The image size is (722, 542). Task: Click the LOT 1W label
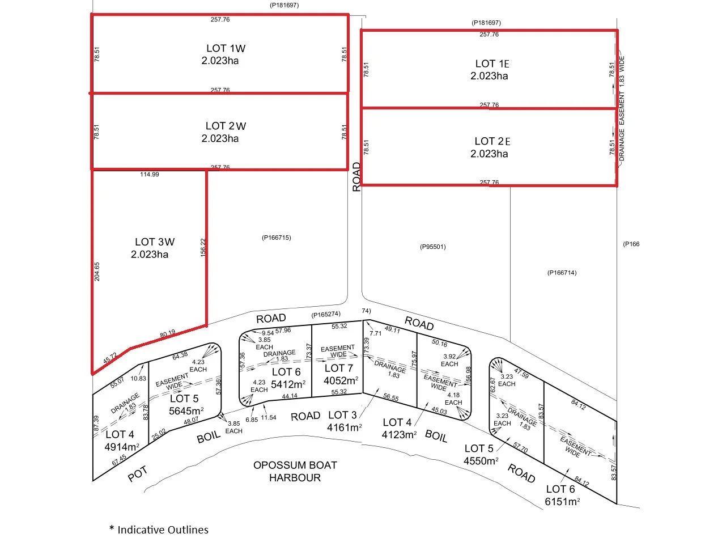(x=226, y=49)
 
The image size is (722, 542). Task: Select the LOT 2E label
(x=492, y=141)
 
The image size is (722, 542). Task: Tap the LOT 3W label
(x=155, y=242)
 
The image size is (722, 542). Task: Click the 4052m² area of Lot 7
(x=340, y=380)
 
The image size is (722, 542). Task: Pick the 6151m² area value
(x=562, y=502)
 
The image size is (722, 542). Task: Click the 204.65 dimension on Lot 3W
(x=97, y=272)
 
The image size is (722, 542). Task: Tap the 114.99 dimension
(x=150, y=175)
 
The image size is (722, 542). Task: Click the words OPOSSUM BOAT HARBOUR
(x=295, y=471)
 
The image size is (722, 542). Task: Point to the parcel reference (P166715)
(x=277, y=238)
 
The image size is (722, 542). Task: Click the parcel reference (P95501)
(x=433, y=247)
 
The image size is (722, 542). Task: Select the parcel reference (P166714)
(x=562, y=273)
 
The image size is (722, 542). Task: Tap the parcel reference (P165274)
(x=325, y=314)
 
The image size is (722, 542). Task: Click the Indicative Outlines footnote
(x=159, y=530)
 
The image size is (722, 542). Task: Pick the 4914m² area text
(x=121, y=447)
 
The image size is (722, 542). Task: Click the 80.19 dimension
(x=167, y=334)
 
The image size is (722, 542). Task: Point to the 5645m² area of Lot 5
(x=186, y=411)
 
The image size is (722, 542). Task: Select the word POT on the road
(x=138, y=474)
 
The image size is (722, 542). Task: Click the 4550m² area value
(x=481, y=461)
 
